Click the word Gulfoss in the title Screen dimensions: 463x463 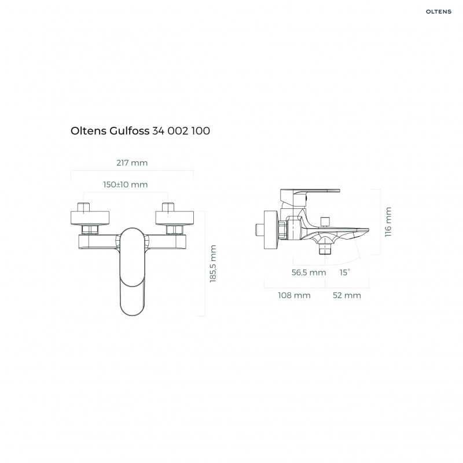[x=128, y=131]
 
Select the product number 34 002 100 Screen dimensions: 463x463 [x=181, y=131]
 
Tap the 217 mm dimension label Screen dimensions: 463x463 [x=132, y=163]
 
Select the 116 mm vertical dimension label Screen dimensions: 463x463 [x=388, y=222]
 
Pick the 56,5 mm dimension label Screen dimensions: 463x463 [x=307, y=272]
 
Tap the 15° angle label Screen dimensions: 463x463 [x=345, y=272]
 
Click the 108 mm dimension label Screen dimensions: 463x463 [x=295, y=295]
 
